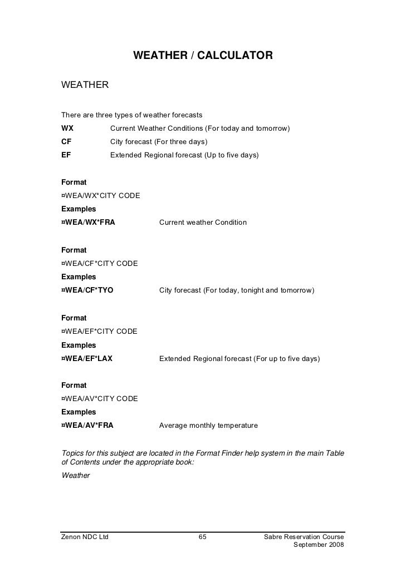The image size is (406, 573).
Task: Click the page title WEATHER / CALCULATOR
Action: tap(203, 56)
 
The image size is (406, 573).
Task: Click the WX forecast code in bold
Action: tap(67, 129)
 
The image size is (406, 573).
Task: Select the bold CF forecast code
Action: tap(66, 141)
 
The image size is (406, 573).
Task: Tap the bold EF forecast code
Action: tap(66, 155)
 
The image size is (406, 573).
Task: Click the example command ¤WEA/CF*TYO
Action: tap(87, 290)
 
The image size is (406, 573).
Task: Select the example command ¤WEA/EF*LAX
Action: tap(87, 359)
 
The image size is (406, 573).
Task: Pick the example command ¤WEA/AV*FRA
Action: tap(87, 426)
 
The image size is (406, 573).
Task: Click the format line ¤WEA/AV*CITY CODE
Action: tap(99, 399)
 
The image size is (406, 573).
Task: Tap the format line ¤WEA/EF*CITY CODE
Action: tap(99, 332)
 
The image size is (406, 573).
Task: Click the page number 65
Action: tap(203, 537)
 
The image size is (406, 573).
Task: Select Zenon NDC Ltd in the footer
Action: tap(85, 537)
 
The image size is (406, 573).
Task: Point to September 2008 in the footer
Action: tap(319, 546)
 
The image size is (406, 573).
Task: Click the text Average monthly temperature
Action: tap(208, 426)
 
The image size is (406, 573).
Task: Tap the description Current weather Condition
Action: tap(203, 223)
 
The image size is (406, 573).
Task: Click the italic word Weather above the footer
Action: tap(75, 476)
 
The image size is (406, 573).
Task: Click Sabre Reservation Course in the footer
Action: tap(304, 537)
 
